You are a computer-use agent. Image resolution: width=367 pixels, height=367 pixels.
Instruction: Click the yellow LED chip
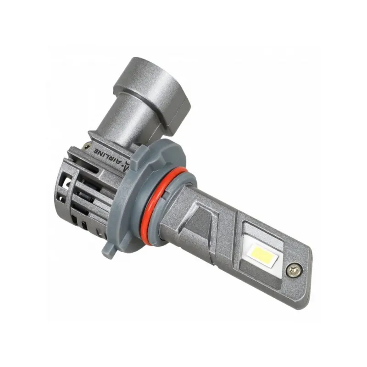(263, 253)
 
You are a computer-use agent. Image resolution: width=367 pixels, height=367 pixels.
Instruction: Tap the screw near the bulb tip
(295, 270)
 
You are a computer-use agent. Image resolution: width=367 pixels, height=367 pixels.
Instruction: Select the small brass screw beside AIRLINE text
(88, 147)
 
